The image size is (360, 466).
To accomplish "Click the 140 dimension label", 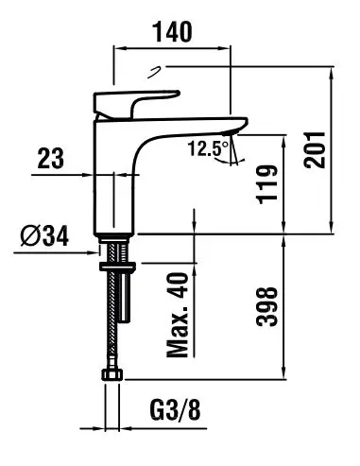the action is coord(172,32).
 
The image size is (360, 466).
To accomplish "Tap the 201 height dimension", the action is coord(314,150).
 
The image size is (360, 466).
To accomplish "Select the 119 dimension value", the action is coord(267,184).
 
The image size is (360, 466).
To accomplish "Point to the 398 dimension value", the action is coord(267,306).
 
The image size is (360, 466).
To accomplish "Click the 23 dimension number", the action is coord(51,158).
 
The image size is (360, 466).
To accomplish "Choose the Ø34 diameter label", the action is coord(44,236).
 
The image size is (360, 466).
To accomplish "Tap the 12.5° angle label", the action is coord(209,148).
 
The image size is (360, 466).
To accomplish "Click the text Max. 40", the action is coord(178,315).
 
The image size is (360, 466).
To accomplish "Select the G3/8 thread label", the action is coord(175,409).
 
